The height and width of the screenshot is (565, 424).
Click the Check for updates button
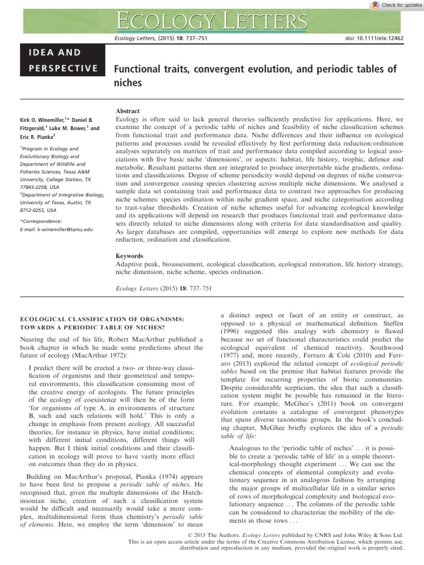396,5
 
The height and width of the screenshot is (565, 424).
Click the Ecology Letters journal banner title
212,22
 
